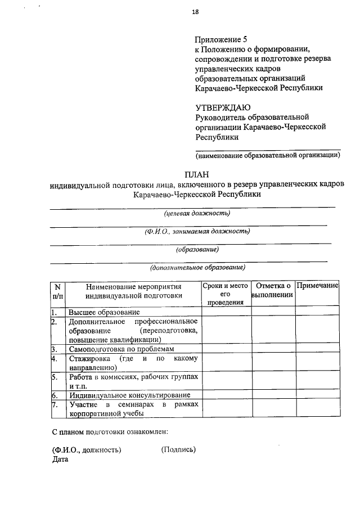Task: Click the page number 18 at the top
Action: click(196, 11)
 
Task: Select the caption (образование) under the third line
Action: click(197, 249)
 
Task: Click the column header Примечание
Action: click(317, 286)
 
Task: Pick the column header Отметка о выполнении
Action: click(273, 290)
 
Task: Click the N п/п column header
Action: click(58, 290)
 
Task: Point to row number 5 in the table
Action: click(54, 377)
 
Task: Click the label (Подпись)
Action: click(179, 449)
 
